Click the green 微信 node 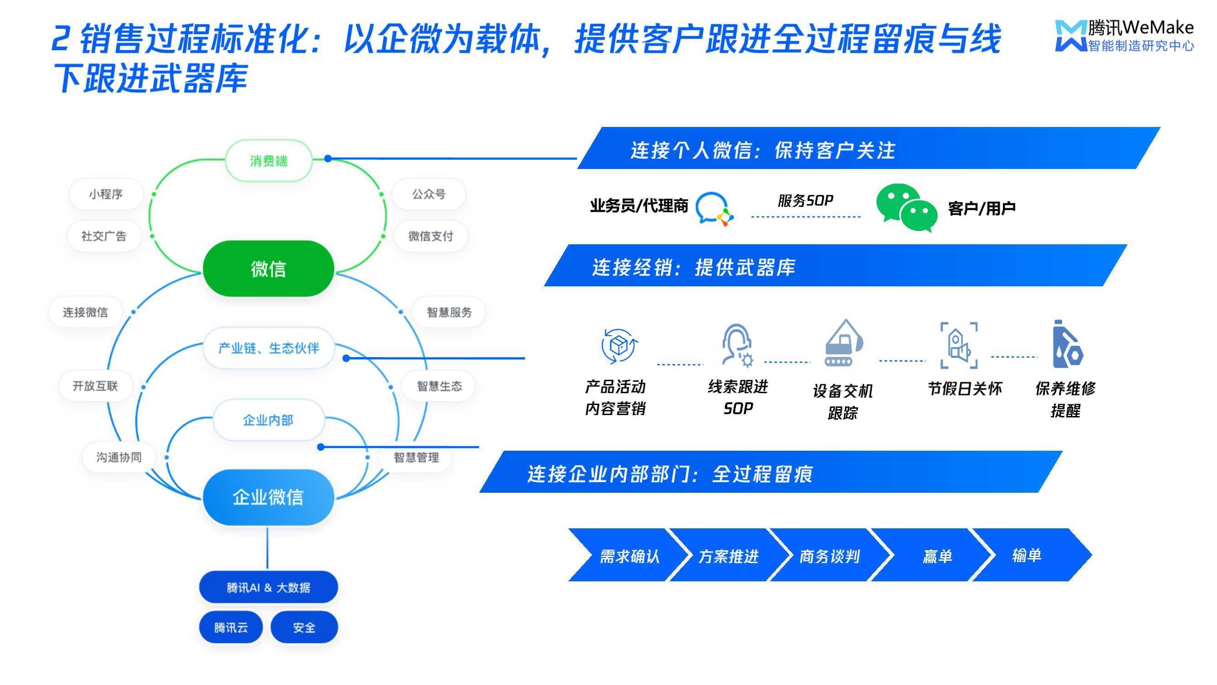[268, 269]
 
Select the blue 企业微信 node [268, 497]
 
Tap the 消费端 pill [268, 161]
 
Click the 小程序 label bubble [106, 194]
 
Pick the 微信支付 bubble [430, 236]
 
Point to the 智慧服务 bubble [449, 312]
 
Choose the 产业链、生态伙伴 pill [268, 348]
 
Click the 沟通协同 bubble [119, 457]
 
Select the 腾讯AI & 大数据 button [268, 587]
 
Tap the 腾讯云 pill [231, 627]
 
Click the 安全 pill [304, 627]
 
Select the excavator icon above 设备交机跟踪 [844, 342]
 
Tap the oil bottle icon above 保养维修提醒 [1067, 344]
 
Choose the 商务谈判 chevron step [829, 555]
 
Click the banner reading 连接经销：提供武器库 [835, 265]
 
